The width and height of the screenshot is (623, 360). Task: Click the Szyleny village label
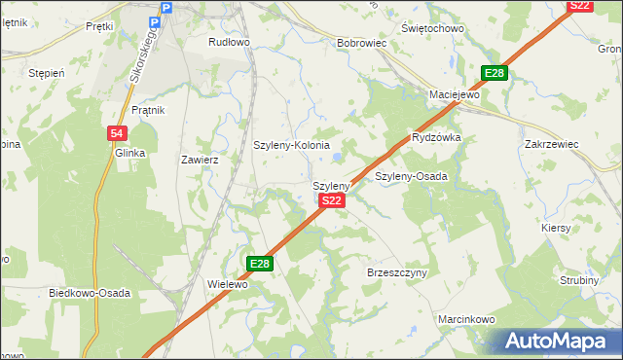click(331, 185)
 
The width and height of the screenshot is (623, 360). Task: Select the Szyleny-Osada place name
click(411, 176)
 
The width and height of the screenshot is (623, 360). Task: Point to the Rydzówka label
click(436, 138)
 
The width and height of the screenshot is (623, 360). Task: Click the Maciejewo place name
click(456, 95)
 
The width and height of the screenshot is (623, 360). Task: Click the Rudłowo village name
click(230, 43)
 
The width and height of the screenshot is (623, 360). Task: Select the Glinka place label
click(129, 153)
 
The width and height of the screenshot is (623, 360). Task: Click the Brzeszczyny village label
click(397, 273)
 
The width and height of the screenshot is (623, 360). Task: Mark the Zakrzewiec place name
click(552, 144)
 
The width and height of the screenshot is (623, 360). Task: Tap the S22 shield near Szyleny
click(331, 200)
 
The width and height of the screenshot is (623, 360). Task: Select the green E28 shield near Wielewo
click(259, 264)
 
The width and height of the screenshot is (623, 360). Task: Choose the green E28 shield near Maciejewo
click(495, 74)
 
